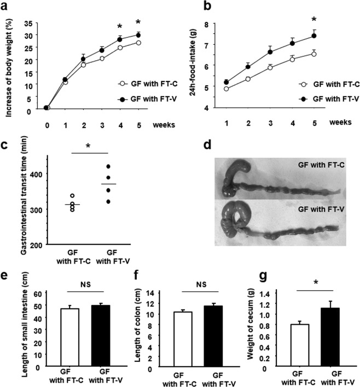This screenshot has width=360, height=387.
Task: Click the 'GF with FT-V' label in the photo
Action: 316,209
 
